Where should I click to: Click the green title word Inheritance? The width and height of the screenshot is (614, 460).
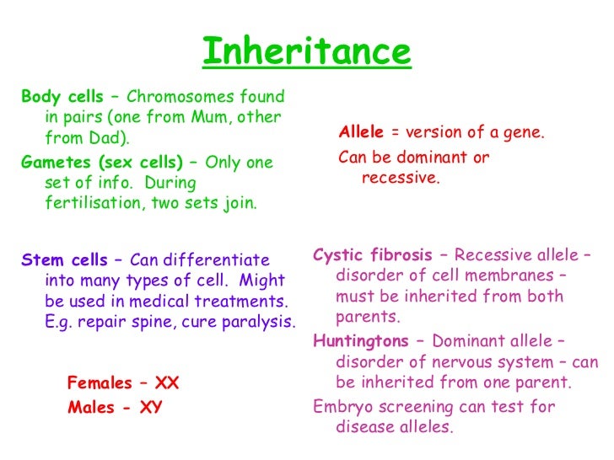306,52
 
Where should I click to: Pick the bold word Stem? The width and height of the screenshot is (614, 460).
40,259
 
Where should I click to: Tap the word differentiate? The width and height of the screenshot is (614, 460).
218,259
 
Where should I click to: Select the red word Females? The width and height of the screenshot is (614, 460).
100,383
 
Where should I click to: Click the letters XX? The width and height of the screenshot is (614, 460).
167,383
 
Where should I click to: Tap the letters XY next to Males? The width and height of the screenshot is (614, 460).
152,408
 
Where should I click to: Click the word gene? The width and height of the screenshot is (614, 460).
525,134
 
